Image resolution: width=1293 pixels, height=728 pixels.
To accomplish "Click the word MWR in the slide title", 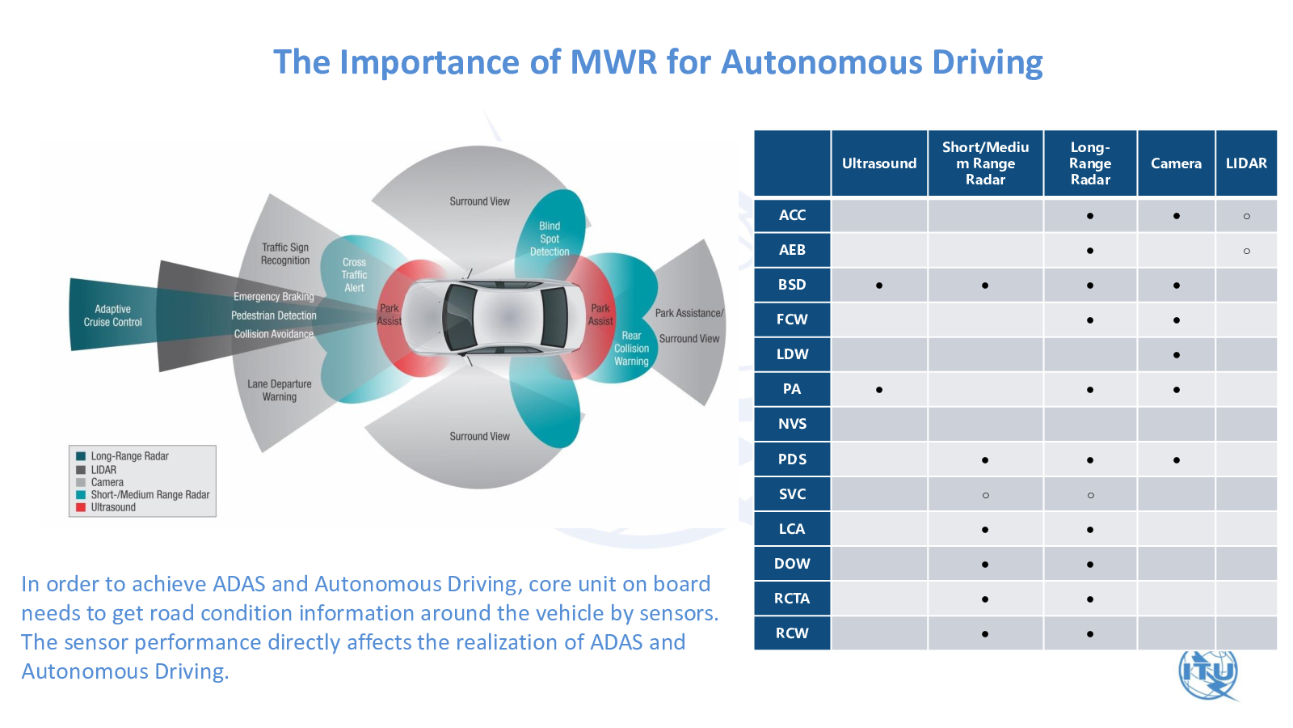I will pyautogui.click(x=613, y=62).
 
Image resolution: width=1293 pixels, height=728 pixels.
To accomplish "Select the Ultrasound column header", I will pyautogui.click(x=879, y=163).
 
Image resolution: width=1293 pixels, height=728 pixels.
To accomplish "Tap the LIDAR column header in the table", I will pyautogui.click(x=1246, y=163).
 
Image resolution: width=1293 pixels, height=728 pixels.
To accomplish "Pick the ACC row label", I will pyautogui.click(x=792, y=215).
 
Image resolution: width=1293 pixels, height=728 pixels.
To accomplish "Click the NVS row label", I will pyautogui.click(x=792, y=424).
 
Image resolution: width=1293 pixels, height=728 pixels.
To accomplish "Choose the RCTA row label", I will pyautogui.click(x=792, y=599).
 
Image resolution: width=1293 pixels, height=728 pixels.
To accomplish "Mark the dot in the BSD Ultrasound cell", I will pyautogui.click(x=879, y=286).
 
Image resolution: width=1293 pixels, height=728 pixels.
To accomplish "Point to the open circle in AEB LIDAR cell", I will pyautogui.click(x=1247, y=252).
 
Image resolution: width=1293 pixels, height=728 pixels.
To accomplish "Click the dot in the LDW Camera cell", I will pyautogui.click(x=1177, y=355).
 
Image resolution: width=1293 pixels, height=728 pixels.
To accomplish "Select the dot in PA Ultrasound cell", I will pyautogui.click(x=879, y=390).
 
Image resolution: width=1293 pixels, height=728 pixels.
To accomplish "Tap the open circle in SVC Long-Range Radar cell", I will pyautogui.click(x=1090, y=495).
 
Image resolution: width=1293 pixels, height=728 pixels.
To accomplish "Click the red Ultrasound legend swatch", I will pyautogui.click(x=81, y=508).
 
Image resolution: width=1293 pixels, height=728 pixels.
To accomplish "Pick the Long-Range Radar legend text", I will pyautogui.click(x=129, y=456).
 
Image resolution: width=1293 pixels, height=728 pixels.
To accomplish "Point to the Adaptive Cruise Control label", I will pyautogui.click(x=112, y=315).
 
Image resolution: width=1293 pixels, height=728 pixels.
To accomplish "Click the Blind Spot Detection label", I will pyautogui.click(x=550, y=239).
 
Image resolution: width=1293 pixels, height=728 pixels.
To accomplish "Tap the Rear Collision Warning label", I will pyautogui.click(x=631, y=349).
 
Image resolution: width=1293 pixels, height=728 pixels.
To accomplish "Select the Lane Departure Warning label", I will pyautogui.click(x=280, y=390).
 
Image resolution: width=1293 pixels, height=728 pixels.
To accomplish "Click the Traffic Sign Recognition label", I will pyautogui.click(x=285, y=254).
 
